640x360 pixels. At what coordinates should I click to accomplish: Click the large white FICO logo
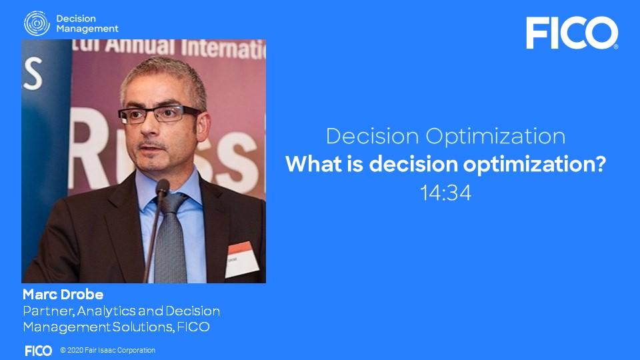click(x=571, y=33)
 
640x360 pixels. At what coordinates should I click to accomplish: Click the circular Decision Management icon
click(x=37, y=23)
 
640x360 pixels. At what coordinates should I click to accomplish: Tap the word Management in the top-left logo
click(x=87, y=29)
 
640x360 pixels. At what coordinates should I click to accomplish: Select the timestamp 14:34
click(x=445, y=193)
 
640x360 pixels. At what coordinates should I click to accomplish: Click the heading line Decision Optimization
click(x=445, y=137)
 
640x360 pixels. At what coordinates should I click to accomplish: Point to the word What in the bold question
click(x=313, y=165)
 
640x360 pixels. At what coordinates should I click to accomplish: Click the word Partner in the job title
click(x=46, y=311)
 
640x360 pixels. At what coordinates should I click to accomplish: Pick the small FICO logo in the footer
click(x=38, y=351)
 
